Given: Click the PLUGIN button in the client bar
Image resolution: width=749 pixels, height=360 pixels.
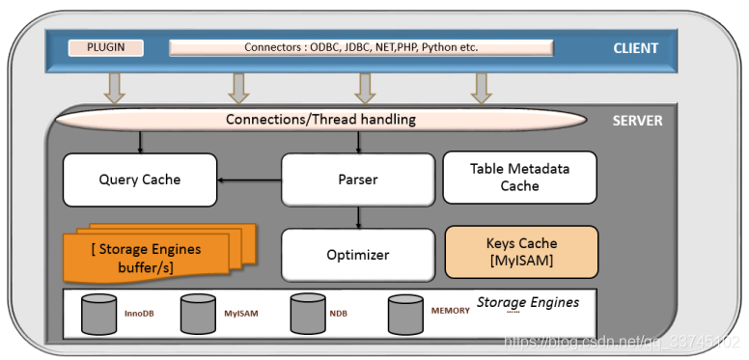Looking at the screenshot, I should tap(106, 47).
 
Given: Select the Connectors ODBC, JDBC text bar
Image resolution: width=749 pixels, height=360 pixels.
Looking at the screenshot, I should tap(361, 47).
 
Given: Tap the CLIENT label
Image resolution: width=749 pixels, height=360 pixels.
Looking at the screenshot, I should tap(635, 48).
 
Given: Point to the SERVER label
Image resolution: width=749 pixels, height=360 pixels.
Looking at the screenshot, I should tap(637, 122).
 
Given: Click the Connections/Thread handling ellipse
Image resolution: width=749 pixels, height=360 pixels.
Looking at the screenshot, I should tap(320, 120).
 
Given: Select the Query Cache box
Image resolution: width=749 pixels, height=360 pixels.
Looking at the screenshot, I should tap(139, 179).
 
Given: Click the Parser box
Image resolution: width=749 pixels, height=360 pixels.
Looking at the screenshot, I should tap(358, 179).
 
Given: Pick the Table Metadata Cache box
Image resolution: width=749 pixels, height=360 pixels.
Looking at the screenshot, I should tap(519, 178).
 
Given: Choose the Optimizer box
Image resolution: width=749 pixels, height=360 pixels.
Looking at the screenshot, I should tap(357, 255).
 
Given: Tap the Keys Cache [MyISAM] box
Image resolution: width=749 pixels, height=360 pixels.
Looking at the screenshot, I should tap(520, 252).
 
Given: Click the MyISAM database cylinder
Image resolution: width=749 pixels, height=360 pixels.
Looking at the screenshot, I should tap(197, 314).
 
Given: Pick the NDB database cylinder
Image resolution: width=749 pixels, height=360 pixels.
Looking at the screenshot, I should tap(307, 313).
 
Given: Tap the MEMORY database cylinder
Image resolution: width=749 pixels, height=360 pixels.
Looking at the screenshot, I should tap(405, 314).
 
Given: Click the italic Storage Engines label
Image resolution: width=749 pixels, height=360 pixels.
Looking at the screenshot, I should tap(527, 302).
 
